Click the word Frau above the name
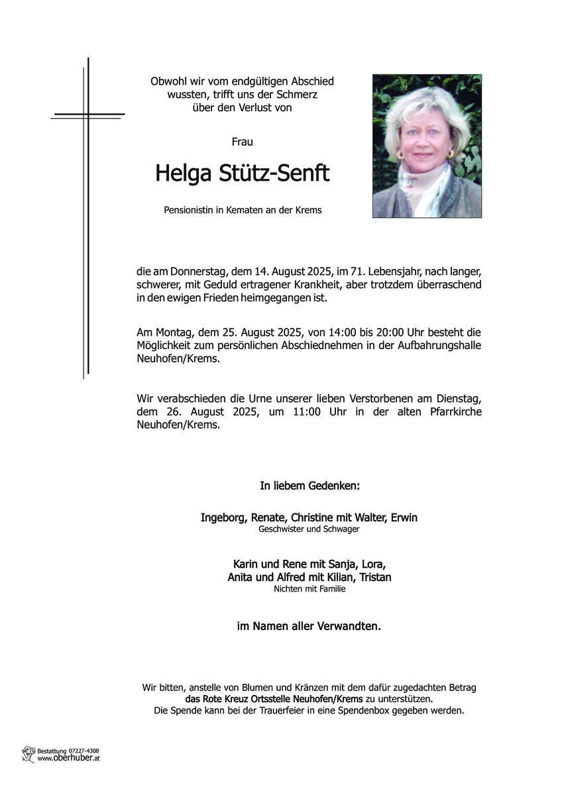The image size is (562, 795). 242,142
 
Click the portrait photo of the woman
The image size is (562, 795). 427,146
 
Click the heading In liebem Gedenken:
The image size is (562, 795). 309,486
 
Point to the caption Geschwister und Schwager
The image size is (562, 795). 309,529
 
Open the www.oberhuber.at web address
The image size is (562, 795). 68,759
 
